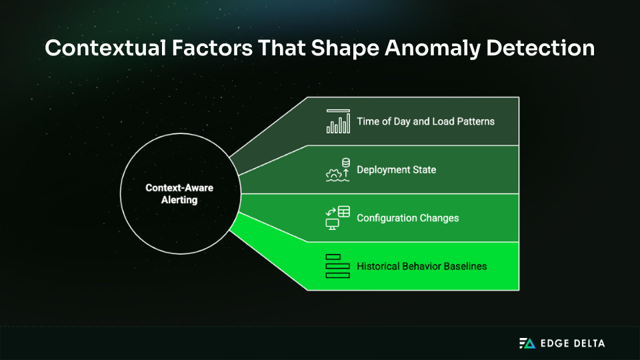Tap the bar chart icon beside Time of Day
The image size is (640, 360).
click(338, 121)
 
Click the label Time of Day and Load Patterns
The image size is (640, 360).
click(425, 121)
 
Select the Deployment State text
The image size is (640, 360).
click(396, 169)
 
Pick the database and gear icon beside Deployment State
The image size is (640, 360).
click(338, 169)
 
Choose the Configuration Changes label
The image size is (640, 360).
click(407, 218)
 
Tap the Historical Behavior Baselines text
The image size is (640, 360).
click(421, 266)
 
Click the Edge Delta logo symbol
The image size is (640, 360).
click(527, 343)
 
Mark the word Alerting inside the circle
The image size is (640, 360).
click(179, 199)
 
